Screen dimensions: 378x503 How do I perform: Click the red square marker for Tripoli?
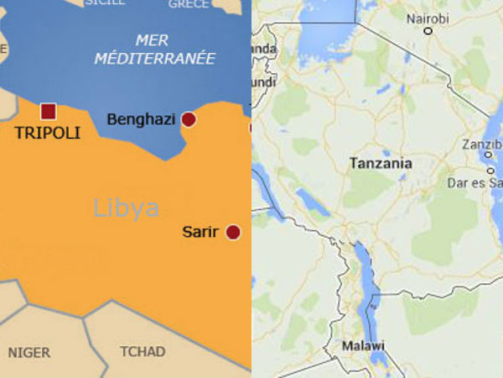[49, 111]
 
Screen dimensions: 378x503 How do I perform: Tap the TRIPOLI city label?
[47, 133]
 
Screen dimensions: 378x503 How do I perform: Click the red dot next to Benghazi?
[189, 119]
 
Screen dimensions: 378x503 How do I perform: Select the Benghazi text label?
[141, 119]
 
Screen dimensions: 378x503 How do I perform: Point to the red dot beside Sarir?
[233, 232]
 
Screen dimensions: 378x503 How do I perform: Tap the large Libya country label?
[126, 207]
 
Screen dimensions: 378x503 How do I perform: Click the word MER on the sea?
[153, 39]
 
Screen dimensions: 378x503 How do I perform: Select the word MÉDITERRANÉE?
[154, 58]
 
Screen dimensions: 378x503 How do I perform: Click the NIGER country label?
[29, 352]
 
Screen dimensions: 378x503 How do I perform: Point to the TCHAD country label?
[143, 351]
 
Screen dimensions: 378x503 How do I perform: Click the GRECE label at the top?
[188, 4]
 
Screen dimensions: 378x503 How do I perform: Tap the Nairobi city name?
[428, 18]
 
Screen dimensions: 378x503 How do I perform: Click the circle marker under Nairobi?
[428, 32]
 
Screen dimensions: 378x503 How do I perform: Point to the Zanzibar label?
[481, 144]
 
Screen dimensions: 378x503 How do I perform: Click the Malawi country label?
[363, 346]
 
